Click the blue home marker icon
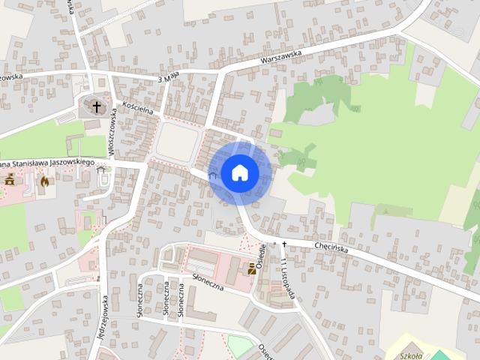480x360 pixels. (x=239, y=173)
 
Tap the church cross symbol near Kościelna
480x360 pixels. (x=96, y=106)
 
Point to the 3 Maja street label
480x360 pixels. (x=171, y=77)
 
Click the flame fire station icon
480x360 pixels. (x=44, y=181)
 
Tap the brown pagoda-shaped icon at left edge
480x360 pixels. (x=10, y=180)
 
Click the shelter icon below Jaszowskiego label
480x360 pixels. (x=101, y=169)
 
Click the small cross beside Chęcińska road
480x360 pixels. (x=284, y=244)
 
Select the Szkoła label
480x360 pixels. (x=412, y=355)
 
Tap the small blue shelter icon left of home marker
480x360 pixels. (x=212, y=175)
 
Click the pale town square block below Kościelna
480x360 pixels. (x=177, y=140)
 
